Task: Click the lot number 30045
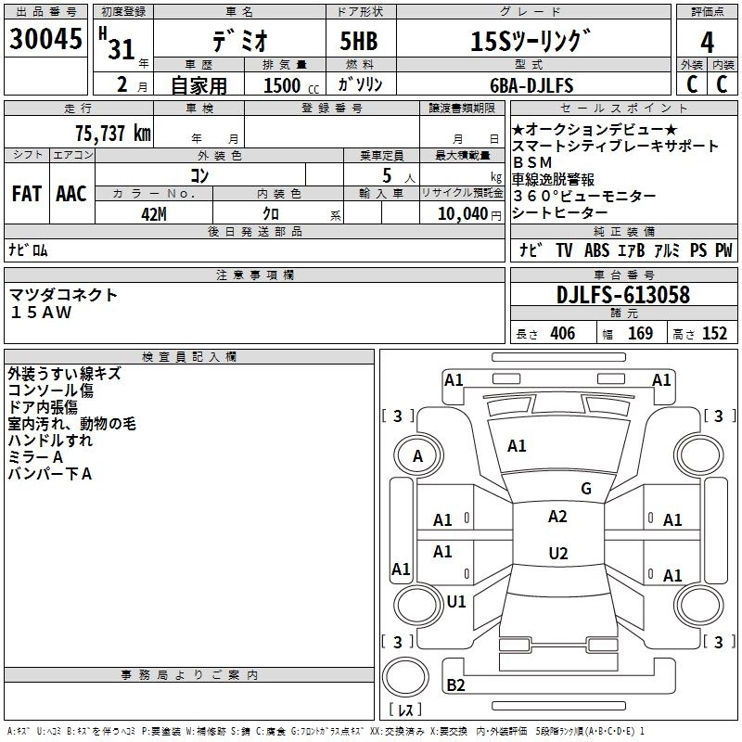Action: click(x=45, y=41)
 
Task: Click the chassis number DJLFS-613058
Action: click(x=623, y=296)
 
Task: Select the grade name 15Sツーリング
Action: click(x=531, y=42)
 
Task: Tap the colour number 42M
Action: click(x=153, y=213)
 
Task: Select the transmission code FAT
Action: click(x=26, y=194)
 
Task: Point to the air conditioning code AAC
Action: click(x=70, y=194)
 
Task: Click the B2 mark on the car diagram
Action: click(x=455, y=684)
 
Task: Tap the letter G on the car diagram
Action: click(x=585, y=488)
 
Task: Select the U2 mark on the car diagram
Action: click(x=557, y=553)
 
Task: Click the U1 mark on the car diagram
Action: click(x=455, y=601)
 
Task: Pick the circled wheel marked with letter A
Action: click(x=417, y=455)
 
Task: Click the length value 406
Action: click(x=562, y=334)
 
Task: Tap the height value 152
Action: click(x=714, y=334)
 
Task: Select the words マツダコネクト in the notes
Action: click(x=64, y=295)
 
